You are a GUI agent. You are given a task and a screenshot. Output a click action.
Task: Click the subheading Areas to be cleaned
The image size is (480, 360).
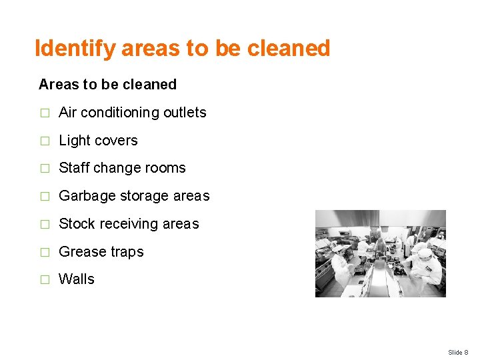tap(107, 85)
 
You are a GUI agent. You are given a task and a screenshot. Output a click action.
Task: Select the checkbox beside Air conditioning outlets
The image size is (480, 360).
tap(44, 113)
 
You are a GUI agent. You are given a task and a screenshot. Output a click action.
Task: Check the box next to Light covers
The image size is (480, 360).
tap(44, 141)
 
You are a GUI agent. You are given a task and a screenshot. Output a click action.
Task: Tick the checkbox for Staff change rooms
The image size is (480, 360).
tap(44, 169)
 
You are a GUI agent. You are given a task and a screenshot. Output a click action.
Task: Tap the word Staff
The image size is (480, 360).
tap(73, 168)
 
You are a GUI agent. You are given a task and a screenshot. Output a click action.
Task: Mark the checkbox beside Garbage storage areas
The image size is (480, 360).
tap(44, 197)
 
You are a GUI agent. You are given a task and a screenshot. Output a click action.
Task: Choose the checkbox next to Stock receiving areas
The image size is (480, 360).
tap(44, 225)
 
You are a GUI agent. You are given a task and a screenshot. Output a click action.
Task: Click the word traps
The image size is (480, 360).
tap(126, 252)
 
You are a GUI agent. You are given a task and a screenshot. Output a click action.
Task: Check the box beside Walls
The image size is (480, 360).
tap(44, 280)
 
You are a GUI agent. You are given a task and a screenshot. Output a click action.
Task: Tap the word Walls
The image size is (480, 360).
tap(77, 279)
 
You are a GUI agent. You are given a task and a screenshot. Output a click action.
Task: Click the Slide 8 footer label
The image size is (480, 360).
tap(458, 352)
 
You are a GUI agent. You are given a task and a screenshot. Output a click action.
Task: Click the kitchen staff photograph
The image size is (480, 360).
tap(380, 253)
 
